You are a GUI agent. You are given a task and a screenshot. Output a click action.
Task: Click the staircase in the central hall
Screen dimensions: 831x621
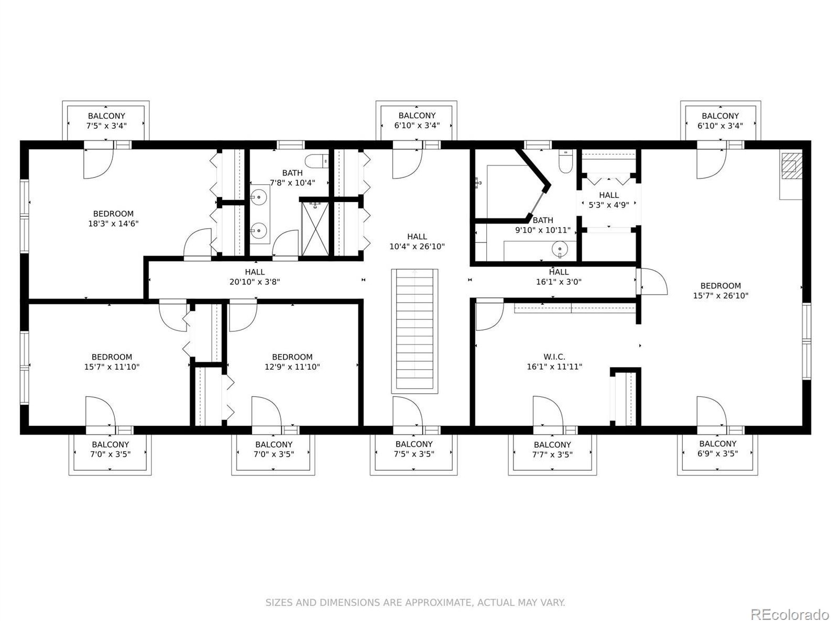(414, 331)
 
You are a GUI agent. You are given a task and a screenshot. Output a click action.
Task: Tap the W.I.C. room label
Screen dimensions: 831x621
(554, 357)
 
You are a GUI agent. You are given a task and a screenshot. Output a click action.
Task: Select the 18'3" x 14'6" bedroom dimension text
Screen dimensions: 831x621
(113, 224)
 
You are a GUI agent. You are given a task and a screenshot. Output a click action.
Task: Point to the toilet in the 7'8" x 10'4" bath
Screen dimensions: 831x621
(317, 161)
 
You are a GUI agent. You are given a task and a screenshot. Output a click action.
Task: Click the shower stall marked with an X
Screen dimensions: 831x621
(315, 229)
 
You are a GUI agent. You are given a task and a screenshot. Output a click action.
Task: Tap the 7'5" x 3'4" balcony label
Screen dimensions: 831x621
(106, 120)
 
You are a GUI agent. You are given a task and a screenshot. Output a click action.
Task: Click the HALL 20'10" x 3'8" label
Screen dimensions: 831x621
(255, 277)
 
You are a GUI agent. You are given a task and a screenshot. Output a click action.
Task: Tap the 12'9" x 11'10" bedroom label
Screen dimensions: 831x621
(292, 362)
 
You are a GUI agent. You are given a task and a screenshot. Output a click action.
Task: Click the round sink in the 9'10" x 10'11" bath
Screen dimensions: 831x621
(560, 249)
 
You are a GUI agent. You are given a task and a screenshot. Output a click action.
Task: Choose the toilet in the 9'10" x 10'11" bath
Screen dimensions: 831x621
(565, 161)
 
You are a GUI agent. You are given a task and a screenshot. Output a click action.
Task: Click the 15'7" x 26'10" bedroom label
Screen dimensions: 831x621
(720, 291)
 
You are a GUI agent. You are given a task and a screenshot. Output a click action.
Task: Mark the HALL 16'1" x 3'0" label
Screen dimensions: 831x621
(559, 277)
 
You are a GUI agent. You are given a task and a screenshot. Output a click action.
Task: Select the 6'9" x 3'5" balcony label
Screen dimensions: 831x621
(717, 449)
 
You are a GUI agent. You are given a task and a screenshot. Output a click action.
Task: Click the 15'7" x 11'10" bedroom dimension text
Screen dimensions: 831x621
(112, 367)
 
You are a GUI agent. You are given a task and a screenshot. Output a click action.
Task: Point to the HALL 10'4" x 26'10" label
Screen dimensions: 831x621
(417, 242)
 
